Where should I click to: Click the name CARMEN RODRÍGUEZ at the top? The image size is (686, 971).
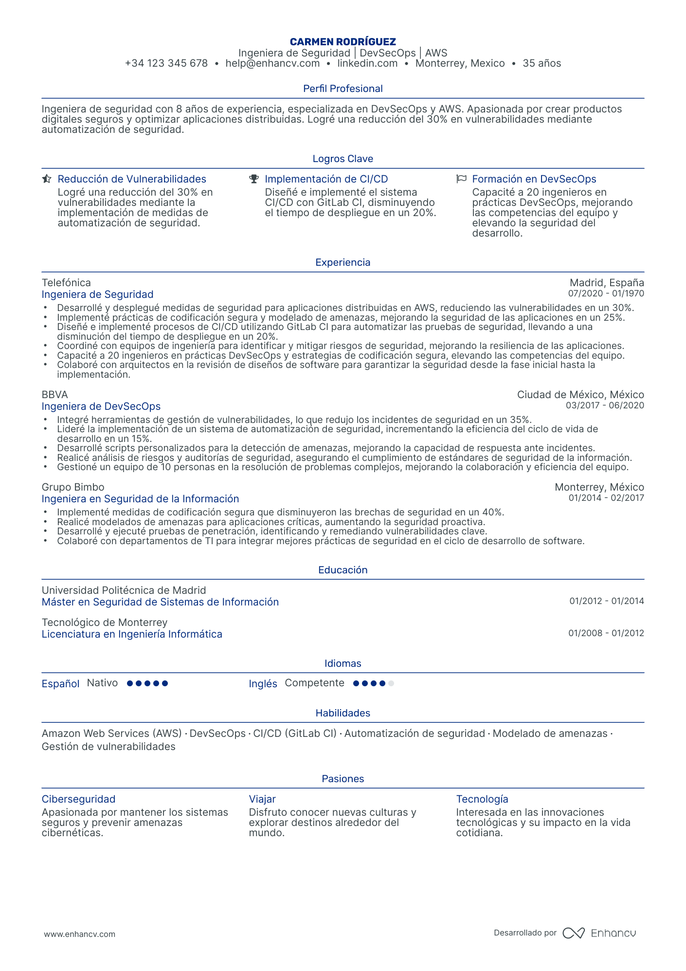point(343,42)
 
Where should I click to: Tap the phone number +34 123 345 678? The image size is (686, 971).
point(166,63)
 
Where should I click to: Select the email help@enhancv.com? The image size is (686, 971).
point(272,63)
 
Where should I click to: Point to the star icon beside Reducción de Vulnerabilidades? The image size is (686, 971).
point(47,179)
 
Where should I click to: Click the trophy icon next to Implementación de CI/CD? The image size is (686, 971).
point(254,179)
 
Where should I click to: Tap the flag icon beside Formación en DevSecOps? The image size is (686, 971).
point(461,179)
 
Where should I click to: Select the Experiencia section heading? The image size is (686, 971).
point(343,262)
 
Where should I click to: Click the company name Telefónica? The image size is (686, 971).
point(66,283)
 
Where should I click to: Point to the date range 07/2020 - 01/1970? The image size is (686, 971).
point(606,293)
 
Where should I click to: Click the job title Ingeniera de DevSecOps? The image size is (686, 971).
point(101,406)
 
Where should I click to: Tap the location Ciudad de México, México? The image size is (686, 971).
point(580,395)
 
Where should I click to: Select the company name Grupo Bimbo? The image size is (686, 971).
point(73,487)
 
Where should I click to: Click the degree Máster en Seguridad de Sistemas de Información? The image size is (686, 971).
point(160,602)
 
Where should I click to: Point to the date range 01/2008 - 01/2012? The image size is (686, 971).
point(606,633)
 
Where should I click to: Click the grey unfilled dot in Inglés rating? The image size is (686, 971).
point(391,683)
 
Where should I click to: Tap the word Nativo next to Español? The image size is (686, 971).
point(102,683)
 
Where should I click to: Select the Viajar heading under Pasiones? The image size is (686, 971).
point(262,799)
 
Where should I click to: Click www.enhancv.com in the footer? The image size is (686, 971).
point(80,934)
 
